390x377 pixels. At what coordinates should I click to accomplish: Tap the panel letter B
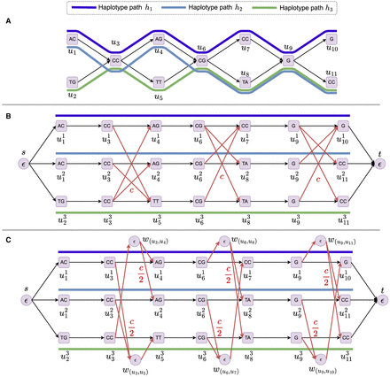[x=8, y=113]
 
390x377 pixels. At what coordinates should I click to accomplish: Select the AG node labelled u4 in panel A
[x=158, y=40]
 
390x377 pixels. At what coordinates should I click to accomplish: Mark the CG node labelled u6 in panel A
[x=202, y=60]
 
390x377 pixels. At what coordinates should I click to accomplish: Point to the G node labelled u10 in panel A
[x=331, y=40]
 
